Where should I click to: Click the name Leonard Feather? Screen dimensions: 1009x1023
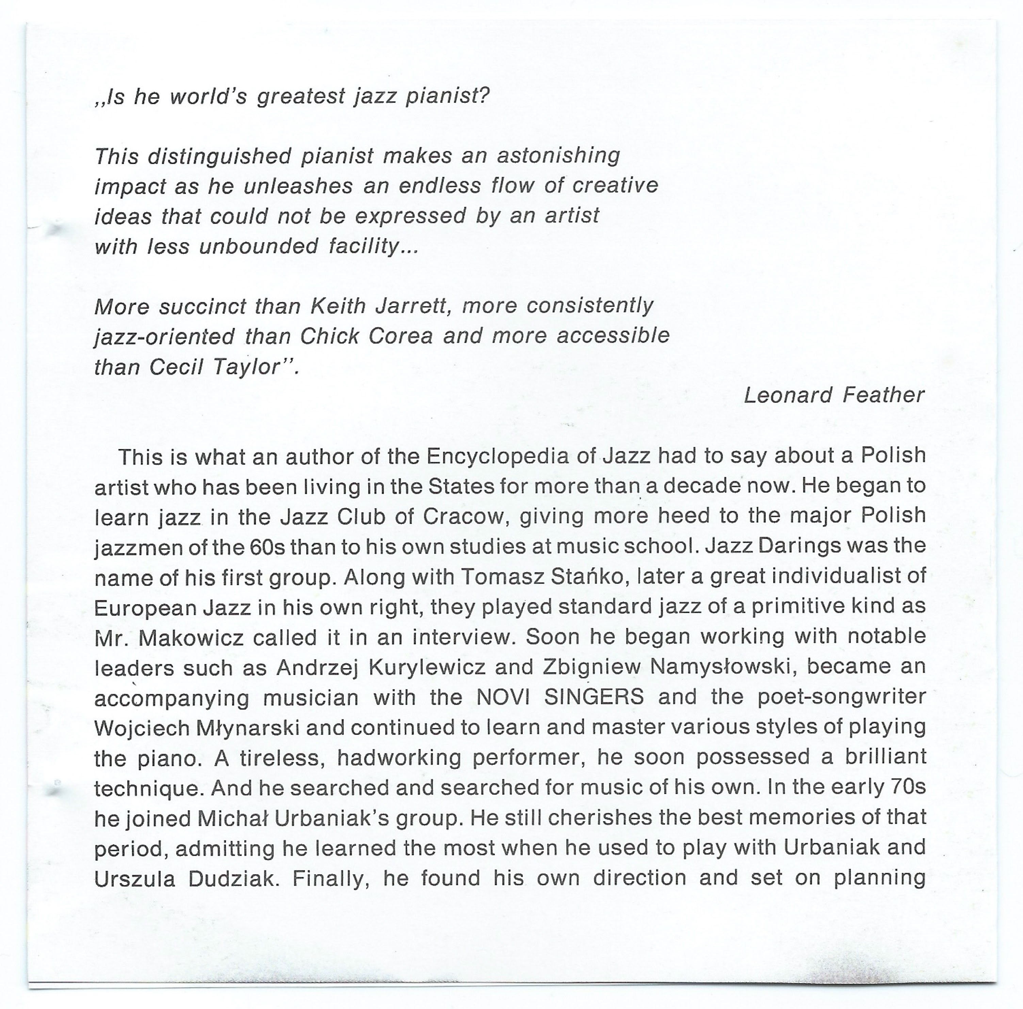(834, 395)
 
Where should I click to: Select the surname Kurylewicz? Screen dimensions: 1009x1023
(426, 667)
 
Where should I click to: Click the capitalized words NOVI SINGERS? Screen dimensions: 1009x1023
(560, 697)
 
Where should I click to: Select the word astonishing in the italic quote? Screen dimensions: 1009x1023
(558, 156)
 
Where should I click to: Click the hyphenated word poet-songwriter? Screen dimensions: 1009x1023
(842, 697)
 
